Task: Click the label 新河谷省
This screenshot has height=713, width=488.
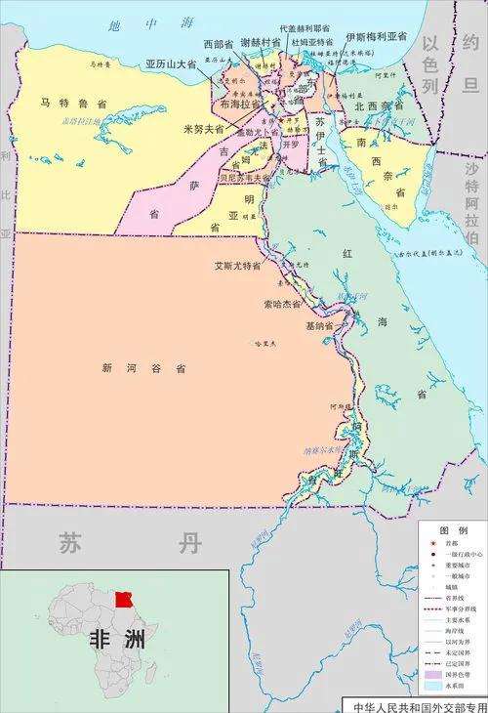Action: (143, 368)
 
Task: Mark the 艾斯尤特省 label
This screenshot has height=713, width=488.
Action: (238, 265)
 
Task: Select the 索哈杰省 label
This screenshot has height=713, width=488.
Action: (282, 305)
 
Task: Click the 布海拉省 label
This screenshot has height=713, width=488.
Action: (240, 103)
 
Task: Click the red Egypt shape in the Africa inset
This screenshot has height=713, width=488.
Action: (123, 599)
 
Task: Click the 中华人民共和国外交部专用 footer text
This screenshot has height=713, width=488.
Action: (419, 705)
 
